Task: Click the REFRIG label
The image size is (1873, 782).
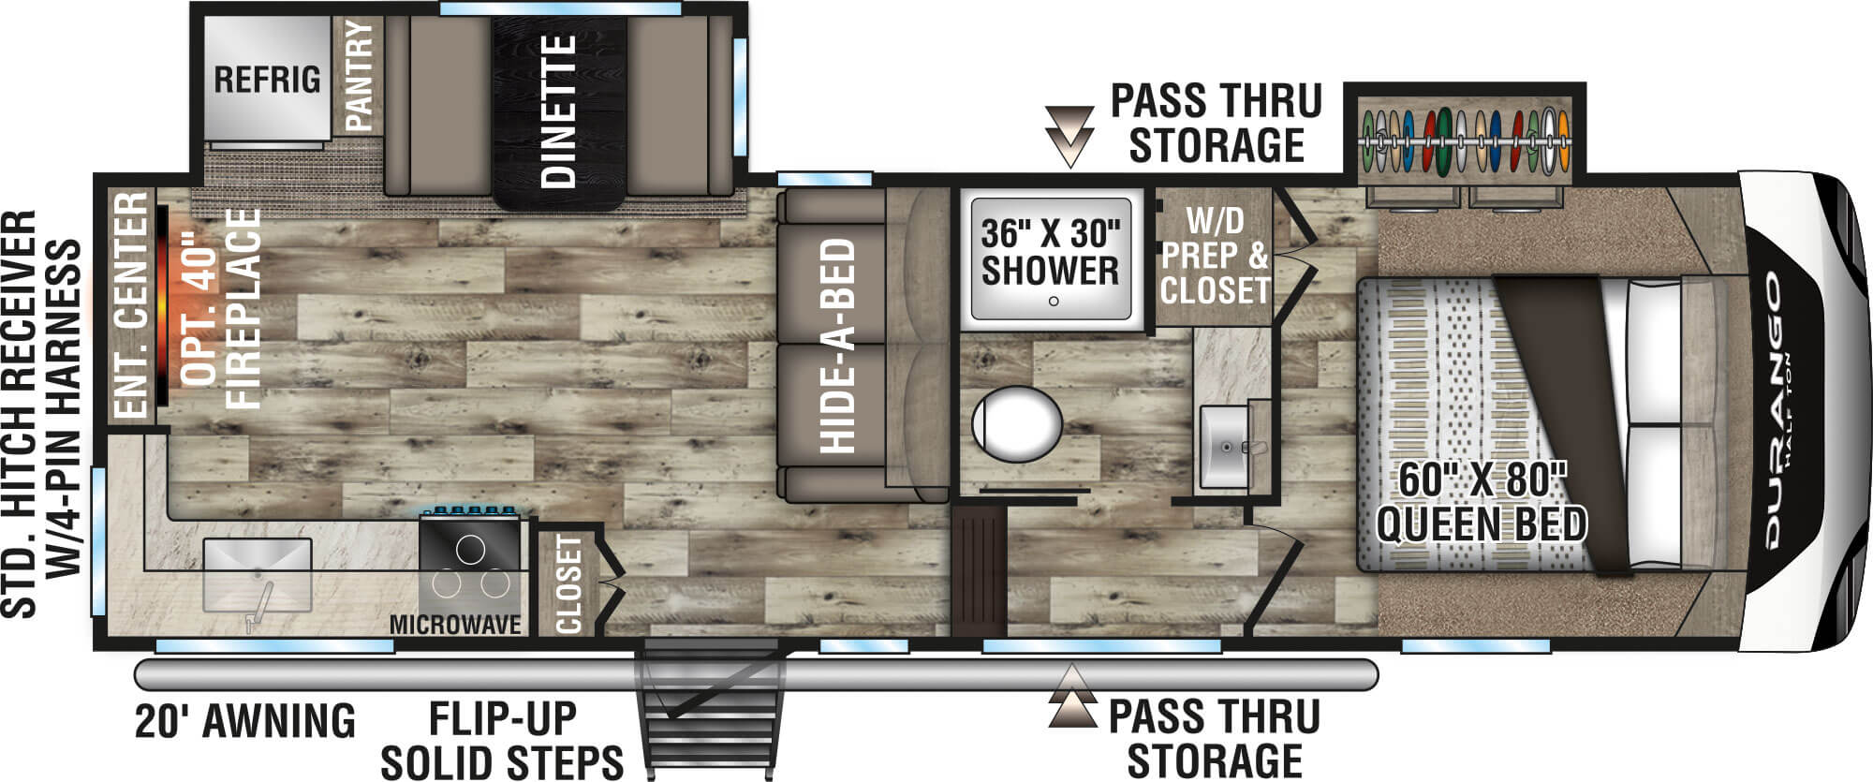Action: pyautogui.click(x=267, y=80)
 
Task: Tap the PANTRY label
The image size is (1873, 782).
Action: pyautogui.click(x=360, y=77)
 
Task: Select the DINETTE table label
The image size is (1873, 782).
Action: pyautogui.click(x=559, y=112)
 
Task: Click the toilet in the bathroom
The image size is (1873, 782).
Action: pyautogui.click(x=1016, y=427)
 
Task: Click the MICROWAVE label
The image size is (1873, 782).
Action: pyautogui.click(x=455, y=625)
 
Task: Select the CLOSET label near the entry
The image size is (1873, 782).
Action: pyautogui.click(x=568, y=584)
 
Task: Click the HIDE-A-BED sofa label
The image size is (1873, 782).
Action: pyautogui.click(x=837, y=347)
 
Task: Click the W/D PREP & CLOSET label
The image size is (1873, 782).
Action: pyautogui.click(x=1214, y=255)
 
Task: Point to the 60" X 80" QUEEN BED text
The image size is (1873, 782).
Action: pyautogui.click(x=1482, y=503)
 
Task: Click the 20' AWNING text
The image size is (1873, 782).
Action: pyautogui.click(x=245, y=721)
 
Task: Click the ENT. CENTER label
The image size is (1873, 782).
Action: pyautogui.click(x=131, y=305)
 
